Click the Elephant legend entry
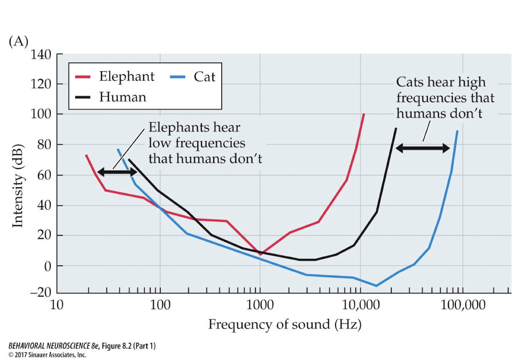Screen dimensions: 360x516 pyautogui.click(x=127, y=77)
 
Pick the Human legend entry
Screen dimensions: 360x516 pyautogui.click(x=122, y=97)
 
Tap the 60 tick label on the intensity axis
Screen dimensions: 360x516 pyautogui.click(x=44, y=175)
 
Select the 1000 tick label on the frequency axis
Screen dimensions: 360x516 pyautogui.click(x=260, y=306)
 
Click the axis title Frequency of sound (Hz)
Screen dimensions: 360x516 pyautogui.click(x=284, y=325)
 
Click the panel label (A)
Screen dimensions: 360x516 pyautogui.click(x=18, y=42)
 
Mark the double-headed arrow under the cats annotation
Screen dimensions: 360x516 pyautogui.click(x=423, y=148)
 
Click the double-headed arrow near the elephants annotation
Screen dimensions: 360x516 pyautogui.click(x=117, y=171)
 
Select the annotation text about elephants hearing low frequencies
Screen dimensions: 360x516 pyautogui.click(x=205, y=143)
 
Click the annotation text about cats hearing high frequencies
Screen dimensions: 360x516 pyautogui.click(x=445, y=98)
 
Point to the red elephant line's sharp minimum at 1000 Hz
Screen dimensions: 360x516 pyautogui.click(x=260, y=254)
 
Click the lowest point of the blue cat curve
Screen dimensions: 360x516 pyautogui.click(x=376, y=286)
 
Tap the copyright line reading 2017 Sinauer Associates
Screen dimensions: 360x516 pyautogui.click(x=47, y=354)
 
